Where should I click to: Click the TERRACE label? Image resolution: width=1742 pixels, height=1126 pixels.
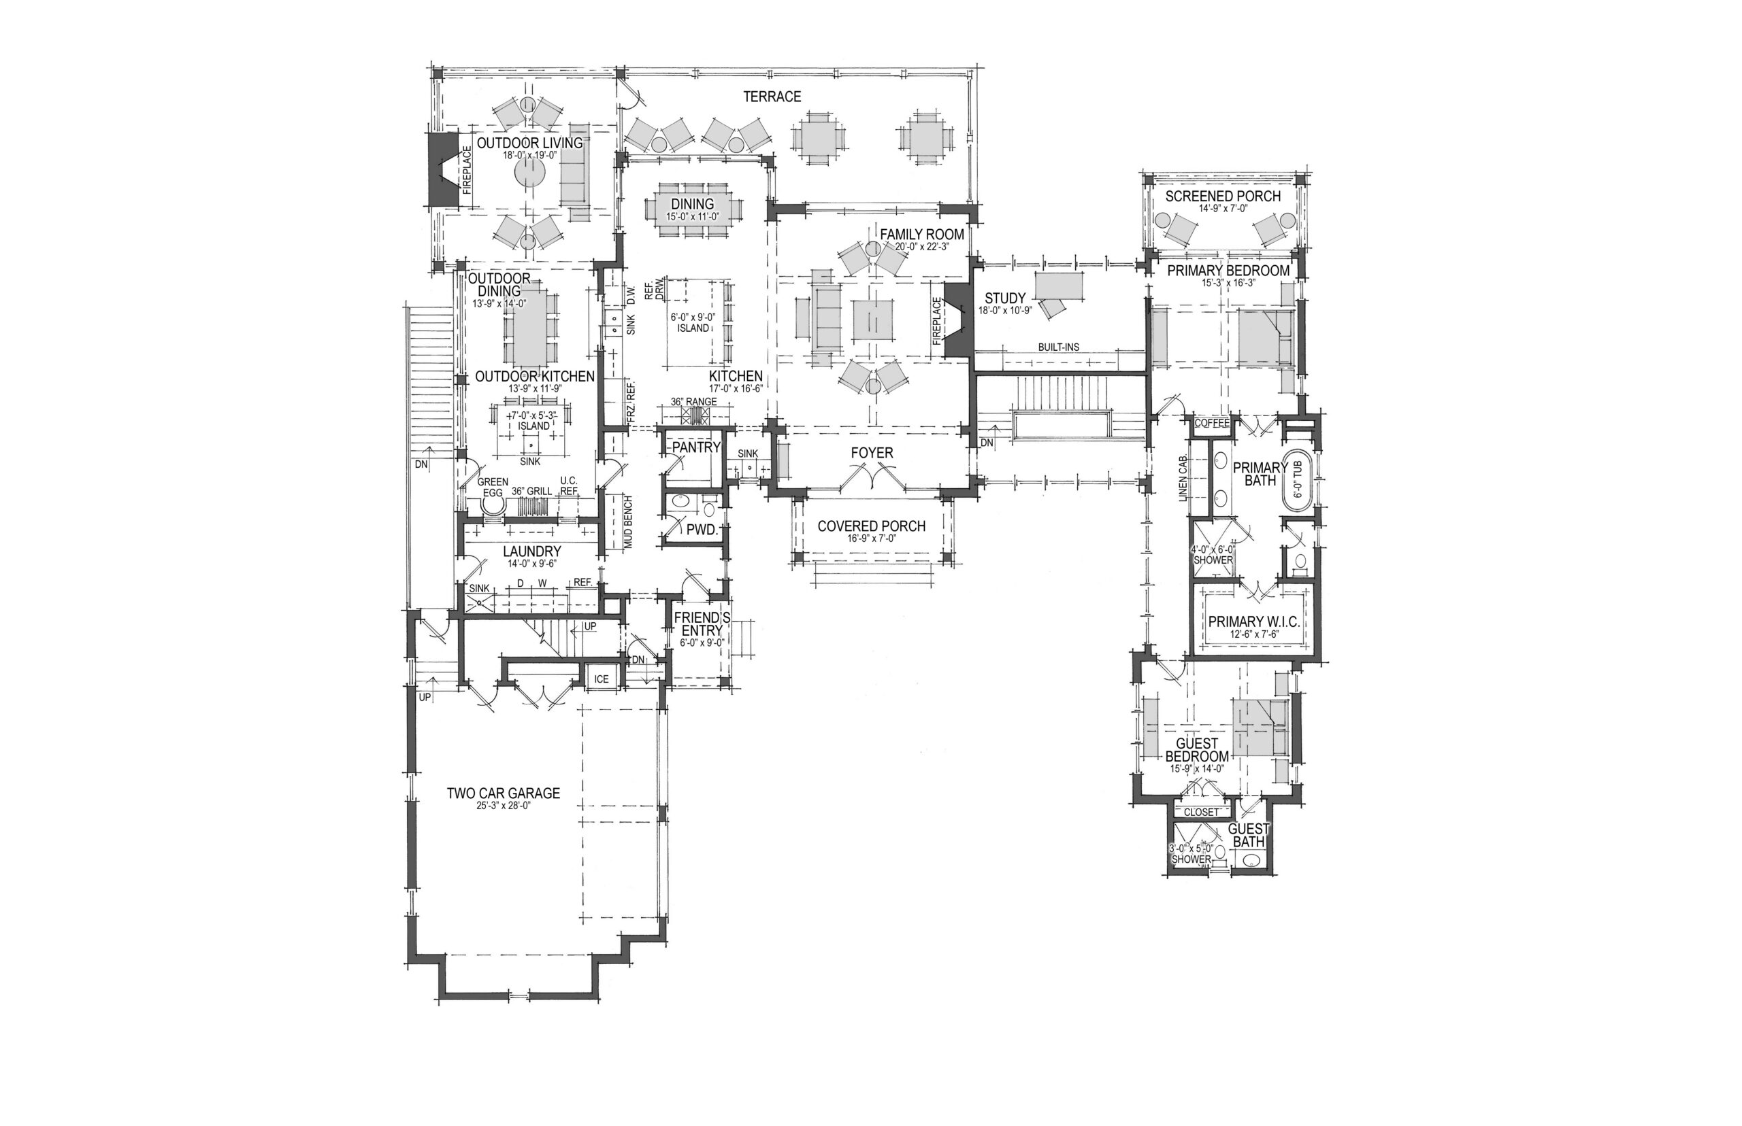tap(772, 97)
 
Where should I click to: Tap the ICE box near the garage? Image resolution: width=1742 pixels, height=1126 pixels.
tap(602, 679)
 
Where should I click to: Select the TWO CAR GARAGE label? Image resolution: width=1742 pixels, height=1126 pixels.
tap(504, 793)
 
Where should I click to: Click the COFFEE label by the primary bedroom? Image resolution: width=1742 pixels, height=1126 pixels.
tap(1211, 423)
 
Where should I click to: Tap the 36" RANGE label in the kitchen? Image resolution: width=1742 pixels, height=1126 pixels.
tap(693, 402)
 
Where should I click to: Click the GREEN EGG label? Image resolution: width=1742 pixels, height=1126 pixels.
tap(493, 487)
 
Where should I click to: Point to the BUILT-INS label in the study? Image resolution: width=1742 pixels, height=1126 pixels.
tap(1058, 347)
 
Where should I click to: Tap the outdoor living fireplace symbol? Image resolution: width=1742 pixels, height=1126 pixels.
tap(440, 169)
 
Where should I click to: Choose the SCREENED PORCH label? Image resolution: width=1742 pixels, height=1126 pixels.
tap(1223, 196)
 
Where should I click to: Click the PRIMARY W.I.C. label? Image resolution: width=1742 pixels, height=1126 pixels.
tap(1253, 621)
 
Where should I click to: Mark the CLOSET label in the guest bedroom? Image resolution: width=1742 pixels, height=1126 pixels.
tap(1201, 812)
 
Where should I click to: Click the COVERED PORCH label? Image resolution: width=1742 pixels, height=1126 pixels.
tap(872, 526)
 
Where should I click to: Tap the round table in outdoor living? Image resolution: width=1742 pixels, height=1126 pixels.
tap(529, 174)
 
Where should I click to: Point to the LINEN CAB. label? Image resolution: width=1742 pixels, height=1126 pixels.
tap(1181, 479)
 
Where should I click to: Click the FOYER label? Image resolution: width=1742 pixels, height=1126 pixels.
tap(872, 454)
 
